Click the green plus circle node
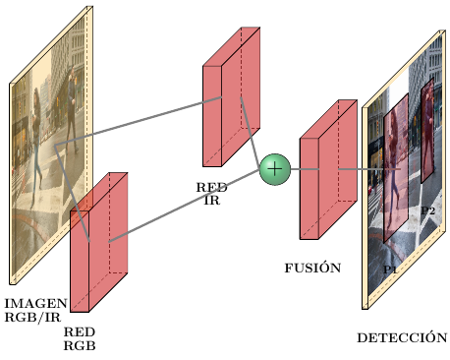(274, 169)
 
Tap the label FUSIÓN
(312, 268)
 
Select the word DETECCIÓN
(401, 337)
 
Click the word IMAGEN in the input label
(36, 303)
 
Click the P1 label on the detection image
(390, 269)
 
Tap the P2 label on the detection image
(428, 210)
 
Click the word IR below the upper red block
(212, 201)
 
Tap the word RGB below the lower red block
(80, 345)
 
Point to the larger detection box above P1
(395, 167)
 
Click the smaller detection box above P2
(427, 118)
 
